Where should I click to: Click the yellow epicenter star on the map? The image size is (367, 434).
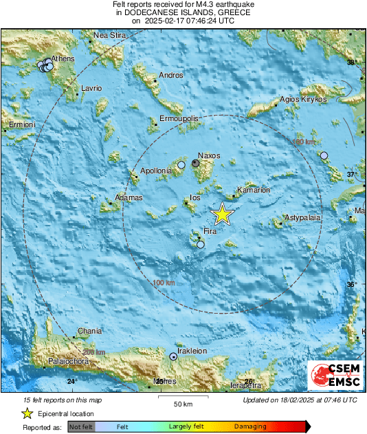point(222,214)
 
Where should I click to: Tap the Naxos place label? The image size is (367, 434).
point(209,155)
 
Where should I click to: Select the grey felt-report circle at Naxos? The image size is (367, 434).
point(197,164)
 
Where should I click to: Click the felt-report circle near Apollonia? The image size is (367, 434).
point(181,165)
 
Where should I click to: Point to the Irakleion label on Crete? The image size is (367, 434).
point(192,351)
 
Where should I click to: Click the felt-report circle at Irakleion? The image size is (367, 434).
point(173,356)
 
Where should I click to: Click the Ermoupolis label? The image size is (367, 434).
point(179,119)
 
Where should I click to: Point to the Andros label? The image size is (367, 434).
point(171,75)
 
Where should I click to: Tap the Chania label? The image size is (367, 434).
point(90,331)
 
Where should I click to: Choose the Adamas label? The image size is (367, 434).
point(129,197)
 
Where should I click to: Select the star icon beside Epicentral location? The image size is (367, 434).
point(27,413)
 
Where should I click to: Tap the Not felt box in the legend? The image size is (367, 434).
point(81,427)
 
